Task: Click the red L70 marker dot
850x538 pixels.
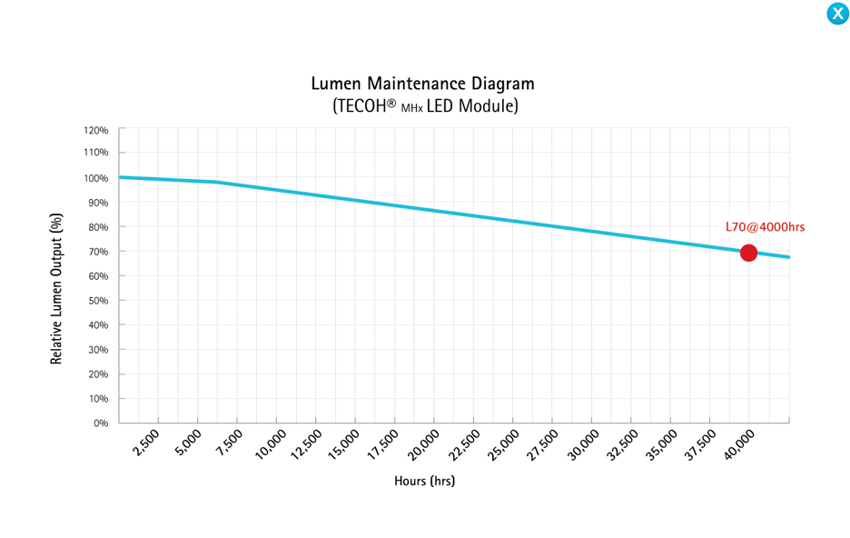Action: click(748, 253)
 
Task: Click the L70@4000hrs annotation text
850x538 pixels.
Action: click(765, 226)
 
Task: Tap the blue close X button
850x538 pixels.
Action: click(837, 14)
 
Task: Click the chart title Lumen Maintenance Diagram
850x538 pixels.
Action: click(422, 84)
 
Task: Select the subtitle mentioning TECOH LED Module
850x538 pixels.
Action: click(425, 106)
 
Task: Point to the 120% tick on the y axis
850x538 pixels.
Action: click(95, 129)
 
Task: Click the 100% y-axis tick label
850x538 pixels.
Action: click(95, 178)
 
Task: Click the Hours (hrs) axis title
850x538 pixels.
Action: click(424, 481)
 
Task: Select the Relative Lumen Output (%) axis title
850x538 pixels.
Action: click(56, 289)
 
